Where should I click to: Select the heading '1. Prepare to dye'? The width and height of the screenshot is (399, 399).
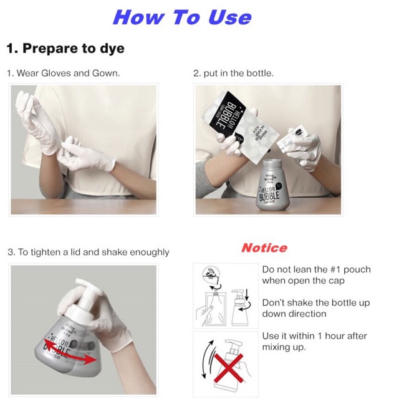[65, 48]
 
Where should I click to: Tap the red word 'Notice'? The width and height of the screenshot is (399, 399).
[264, 248]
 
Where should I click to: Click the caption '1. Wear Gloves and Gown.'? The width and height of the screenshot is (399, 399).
[63, 73]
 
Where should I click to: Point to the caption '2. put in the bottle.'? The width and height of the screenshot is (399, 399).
[233, 73]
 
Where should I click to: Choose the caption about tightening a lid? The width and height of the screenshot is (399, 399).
[89, 252]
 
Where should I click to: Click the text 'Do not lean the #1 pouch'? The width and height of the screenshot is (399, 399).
[316, 269]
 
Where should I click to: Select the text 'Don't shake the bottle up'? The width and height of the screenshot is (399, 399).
[316, 302]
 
